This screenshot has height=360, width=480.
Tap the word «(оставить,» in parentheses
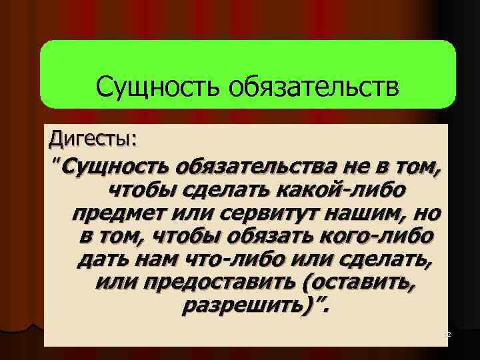point(359,284)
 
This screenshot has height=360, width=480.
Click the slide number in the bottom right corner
point(447,333)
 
